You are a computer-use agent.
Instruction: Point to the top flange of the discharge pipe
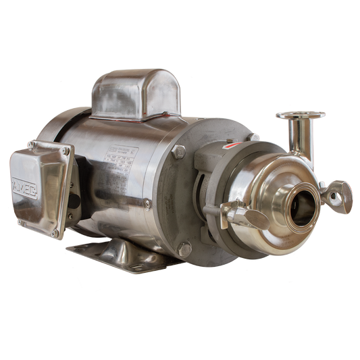point(301,115)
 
